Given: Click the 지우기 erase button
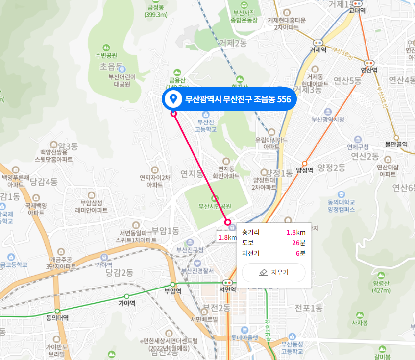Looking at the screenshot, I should [x=273, y=272].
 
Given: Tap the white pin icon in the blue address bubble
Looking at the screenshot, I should [x=172, y=99].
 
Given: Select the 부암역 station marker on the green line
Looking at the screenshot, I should [x=172, y=284].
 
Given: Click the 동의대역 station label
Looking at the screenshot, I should [x=57, y=318].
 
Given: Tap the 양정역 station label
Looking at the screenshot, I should [x=304, y=170].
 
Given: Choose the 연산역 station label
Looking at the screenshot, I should [x=369, y=70].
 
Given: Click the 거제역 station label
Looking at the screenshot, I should [x=318, y=49].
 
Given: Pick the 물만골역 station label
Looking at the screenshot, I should [x=396, y=144].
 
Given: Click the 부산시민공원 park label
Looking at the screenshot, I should [x=215, y=206].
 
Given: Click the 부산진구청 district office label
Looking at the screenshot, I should [x=190, y=250].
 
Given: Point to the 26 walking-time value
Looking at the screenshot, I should [x=296, y=242].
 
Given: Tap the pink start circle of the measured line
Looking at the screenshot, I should [x=173, y=114].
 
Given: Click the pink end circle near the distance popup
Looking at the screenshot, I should [x=227, y=222].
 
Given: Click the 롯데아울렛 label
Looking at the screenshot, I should [x=244, y=337].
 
